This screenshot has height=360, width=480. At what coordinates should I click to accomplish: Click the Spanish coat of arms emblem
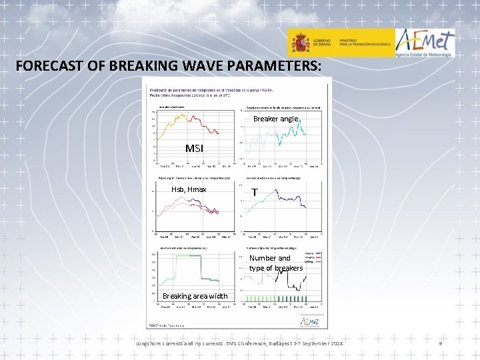300,44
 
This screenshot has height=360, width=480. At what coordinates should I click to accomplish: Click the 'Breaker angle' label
276,119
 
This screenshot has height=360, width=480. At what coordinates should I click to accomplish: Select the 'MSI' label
194,148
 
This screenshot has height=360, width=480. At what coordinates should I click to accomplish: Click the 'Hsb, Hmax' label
189,190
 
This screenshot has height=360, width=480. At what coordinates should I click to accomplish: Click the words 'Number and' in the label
270,258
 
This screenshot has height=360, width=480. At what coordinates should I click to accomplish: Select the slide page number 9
440,343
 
